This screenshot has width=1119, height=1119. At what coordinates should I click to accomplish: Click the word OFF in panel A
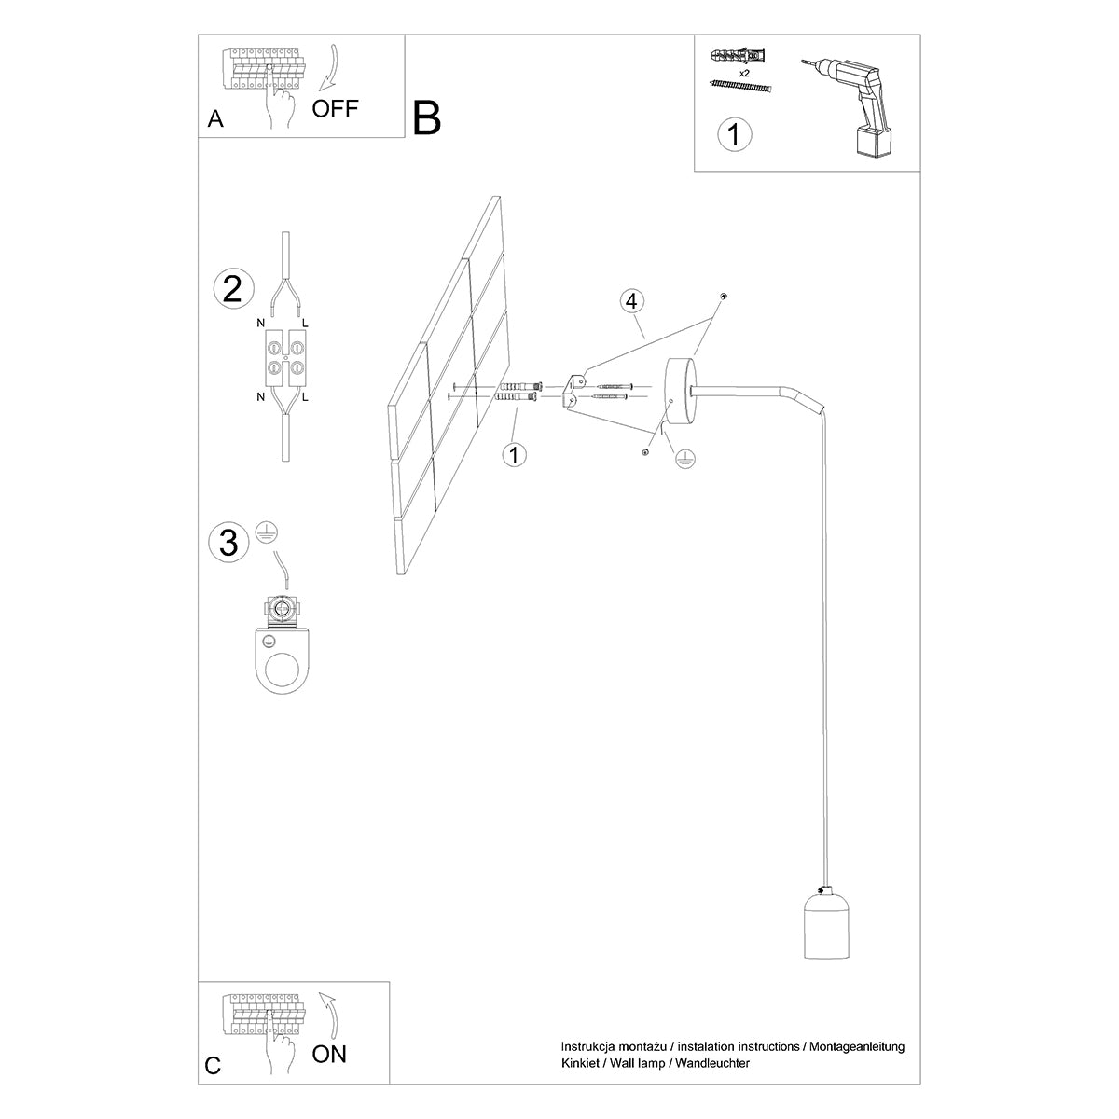[335, 108]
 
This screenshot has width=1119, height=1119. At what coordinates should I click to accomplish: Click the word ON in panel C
[329, 1055]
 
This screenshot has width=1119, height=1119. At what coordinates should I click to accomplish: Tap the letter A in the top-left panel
[215, 119]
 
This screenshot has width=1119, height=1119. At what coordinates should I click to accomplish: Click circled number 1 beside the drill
[734, 134]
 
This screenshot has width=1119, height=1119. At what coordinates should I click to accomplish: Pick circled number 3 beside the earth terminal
[229, 543]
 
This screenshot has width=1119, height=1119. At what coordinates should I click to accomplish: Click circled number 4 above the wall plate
[631, 301]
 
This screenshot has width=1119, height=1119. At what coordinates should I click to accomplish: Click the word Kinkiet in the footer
[581, 1063]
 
